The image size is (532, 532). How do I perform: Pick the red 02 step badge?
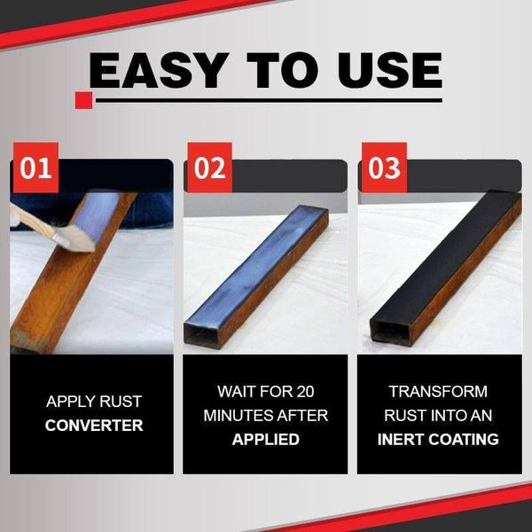(x=209, y=168)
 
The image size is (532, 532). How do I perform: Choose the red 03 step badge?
(x=383, y=168)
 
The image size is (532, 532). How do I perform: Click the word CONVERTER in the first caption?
(x=94, y=426)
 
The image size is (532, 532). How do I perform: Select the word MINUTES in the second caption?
(x=241, y=415)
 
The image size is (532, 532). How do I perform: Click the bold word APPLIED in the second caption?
(x=266, y=439)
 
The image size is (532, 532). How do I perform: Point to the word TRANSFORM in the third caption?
(x=438, y=390)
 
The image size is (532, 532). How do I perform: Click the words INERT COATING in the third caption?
(x=438, y=439)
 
